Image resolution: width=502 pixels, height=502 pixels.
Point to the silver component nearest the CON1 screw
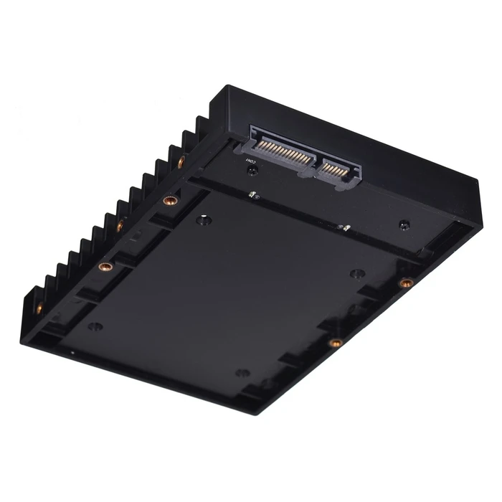(252, 194)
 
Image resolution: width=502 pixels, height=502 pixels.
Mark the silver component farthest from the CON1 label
(344, 227)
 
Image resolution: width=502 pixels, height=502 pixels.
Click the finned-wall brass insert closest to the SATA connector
(181, 162)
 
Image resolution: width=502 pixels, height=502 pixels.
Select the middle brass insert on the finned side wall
(120, 226)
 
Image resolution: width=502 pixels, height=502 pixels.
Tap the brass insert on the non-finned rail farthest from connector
(334, 344)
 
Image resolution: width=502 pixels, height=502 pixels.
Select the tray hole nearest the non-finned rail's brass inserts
(356, 273)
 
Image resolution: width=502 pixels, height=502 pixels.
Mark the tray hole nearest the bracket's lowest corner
(242, 373)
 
